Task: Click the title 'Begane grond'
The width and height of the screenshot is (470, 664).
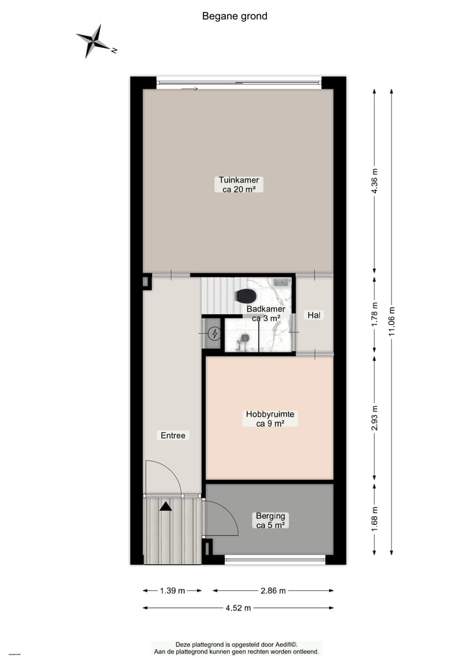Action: (x=234, y=16)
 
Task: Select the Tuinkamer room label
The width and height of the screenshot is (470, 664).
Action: (x=239, y=185)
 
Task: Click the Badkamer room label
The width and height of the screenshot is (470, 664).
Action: (x=266, y=313)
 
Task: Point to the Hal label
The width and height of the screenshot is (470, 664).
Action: (x=315, y=315)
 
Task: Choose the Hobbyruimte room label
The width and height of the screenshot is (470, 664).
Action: (x=270, y=419)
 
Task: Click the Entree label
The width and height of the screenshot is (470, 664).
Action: (x=173, y=435)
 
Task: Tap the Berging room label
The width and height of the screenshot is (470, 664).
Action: (x=270, y=520)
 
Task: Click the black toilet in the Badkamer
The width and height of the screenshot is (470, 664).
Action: (x=246, y=296)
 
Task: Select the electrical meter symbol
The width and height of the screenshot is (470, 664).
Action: (x=213, y=335)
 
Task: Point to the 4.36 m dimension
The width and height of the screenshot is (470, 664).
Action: (x=374, y=181)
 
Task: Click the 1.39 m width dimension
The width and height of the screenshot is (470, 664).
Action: (x=172, y=590)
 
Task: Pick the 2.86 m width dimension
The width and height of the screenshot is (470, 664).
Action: (x=273, y=590)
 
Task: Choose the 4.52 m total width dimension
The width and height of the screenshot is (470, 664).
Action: (x=238, y=608)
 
